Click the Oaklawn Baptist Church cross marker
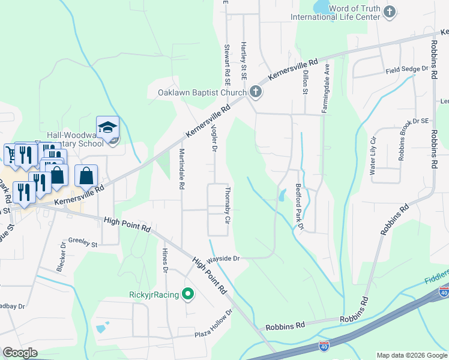(x=256, y=92)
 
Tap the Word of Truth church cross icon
(x=390, y=12)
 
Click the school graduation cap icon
(x=107, y=127)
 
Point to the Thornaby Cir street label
(x=228, y=205)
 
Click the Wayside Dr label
(x=224, y=259)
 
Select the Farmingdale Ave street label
(x=325, y=88)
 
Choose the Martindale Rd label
(x=181, y=167)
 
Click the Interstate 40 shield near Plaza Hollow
(x=325, y=347)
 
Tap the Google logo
(x=20, y=353)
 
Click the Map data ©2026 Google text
(x=411, y=355)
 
